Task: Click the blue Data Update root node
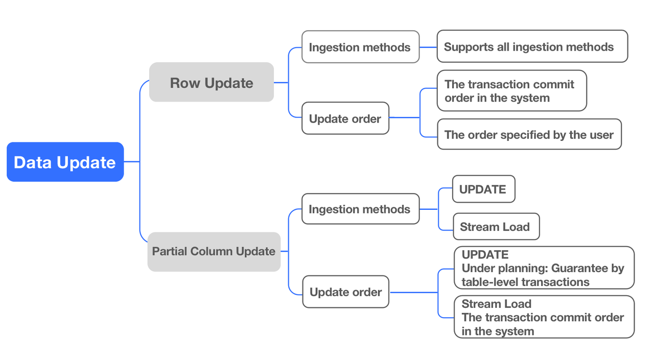[65, 162]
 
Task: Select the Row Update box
[212, 82]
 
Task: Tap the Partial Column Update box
[214, 251]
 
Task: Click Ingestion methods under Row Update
[360, 47]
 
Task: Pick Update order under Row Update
[345, 118]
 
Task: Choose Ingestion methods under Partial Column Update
[360, 209]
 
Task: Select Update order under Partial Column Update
[346, 292]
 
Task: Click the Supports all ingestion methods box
[532, 46]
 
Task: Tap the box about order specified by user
[529, 134]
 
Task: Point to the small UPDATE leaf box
[483, 189]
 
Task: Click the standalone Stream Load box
[496, 227]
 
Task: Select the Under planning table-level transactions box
[544, 268]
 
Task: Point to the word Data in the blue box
[33, 162]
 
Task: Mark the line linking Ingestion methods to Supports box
[428, 47]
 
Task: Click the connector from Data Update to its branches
[132, 162]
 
